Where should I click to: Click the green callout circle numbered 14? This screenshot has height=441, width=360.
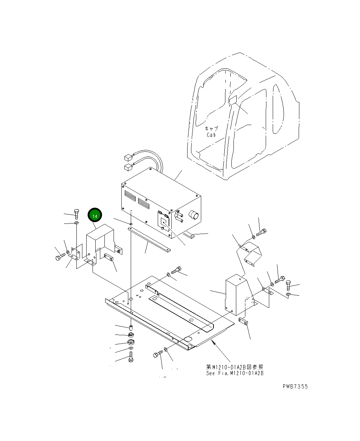95,216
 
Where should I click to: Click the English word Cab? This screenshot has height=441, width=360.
211,135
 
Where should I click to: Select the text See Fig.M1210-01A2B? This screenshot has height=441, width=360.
235,373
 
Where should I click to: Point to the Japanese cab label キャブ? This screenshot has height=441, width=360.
211,129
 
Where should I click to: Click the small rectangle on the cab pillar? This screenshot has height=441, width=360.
233,100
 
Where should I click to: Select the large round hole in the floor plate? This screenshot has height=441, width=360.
186,339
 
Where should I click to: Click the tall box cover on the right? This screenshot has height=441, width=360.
235,295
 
